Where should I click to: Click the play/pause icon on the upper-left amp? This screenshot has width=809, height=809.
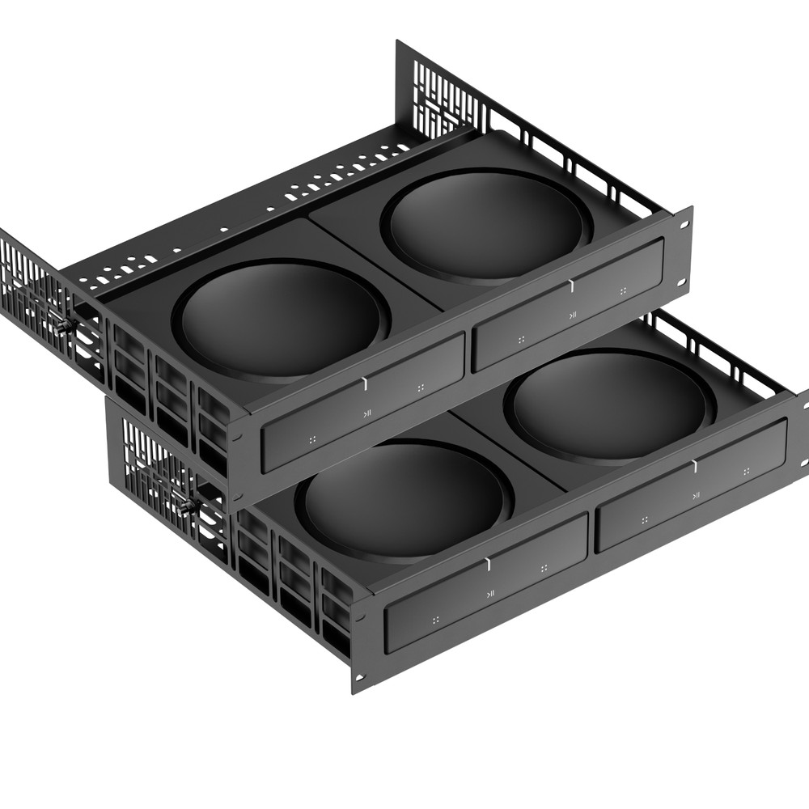(x=367, y=413)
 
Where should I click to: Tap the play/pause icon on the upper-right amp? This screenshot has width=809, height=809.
(x=572, y=315)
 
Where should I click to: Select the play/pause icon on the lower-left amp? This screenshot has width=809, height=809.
(x=490, y=595)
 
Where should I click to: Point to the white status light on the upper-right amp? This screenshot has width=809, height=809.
(x=570, y=285)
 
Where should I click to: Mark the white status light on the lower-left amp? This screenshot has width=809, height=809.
(x=489, y=563)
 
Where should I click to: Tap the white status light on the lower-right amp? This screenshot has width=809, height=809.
(x=693, y=465)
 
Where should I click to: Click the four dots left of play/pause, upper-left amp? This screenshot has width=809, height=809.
(x=312, y=439)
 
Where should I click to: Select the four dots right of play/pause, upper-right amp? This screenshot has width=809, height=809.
(x=623, y=290)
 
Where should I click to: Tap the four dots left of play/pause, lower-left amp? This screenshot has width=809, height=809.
(x=435, y=620)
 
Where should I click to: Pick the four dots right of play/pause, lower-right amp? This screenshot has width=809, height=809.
(x=746, y=471)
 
